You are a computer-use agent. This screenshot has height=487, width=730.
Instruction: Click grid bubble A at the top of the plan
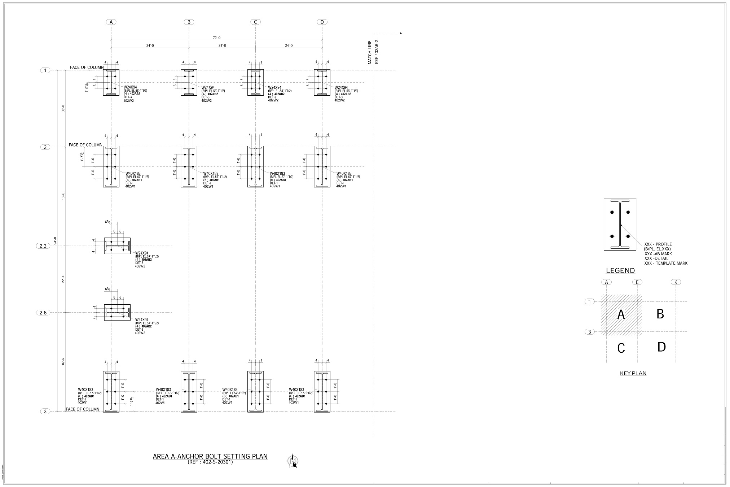(x=111, y=22)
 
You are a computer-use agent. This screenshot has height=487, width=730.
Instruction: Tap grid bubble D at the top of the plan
(x=322, y=22)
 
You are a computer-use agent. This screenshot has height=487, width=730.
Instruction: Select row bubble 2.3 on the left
(x=43, y=246)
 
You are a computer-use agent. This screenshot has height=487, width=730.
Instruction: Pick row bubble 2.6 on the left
(x=43, y=313)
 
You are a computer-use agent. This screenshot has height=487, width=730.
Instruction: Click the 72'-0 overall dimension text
(x=217, y=38)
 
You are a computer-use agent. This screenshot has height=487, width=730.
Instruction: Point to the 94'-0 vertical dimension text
(x=55, y=241)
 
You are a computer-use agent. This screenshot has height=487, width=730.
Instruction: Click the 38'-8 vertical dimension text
(x=63, y=109)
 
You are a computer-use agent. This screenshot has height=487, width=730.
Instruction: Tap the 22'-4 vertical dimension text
(x=63, y=279)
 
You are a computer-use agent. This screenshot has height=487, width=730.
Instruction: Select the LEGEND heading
(x=620, y=271)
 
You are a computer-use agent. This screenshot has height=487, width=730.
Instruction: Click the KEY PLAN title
(x=633, y=373)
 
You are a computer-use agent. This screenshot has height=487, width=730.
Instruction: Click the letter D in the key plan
(x=661, y=347)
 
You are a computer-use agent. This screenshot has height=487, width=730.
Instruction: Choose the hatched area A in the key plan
(x=621, y=315)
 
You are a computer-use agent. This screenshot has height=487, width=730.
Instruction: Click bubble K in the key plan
(x=676, y=282)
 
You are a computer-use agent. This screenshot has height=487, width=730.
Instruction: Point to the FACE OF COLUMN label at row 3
(x=83, y=409)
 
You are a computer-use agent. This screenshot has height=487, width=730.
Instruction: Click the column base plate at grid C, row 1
(x=255, y=83)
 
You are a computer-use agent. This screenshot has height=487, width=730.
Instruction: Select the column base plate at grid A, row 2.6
(x=117, y=313)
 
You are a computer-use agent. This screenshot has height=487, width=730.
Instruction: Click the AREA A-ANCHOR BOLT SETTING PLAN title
(x=210, y=457)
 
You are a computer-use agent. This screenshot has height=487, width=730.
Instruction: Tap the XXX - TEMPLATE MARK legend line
(x=666, y=264)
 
